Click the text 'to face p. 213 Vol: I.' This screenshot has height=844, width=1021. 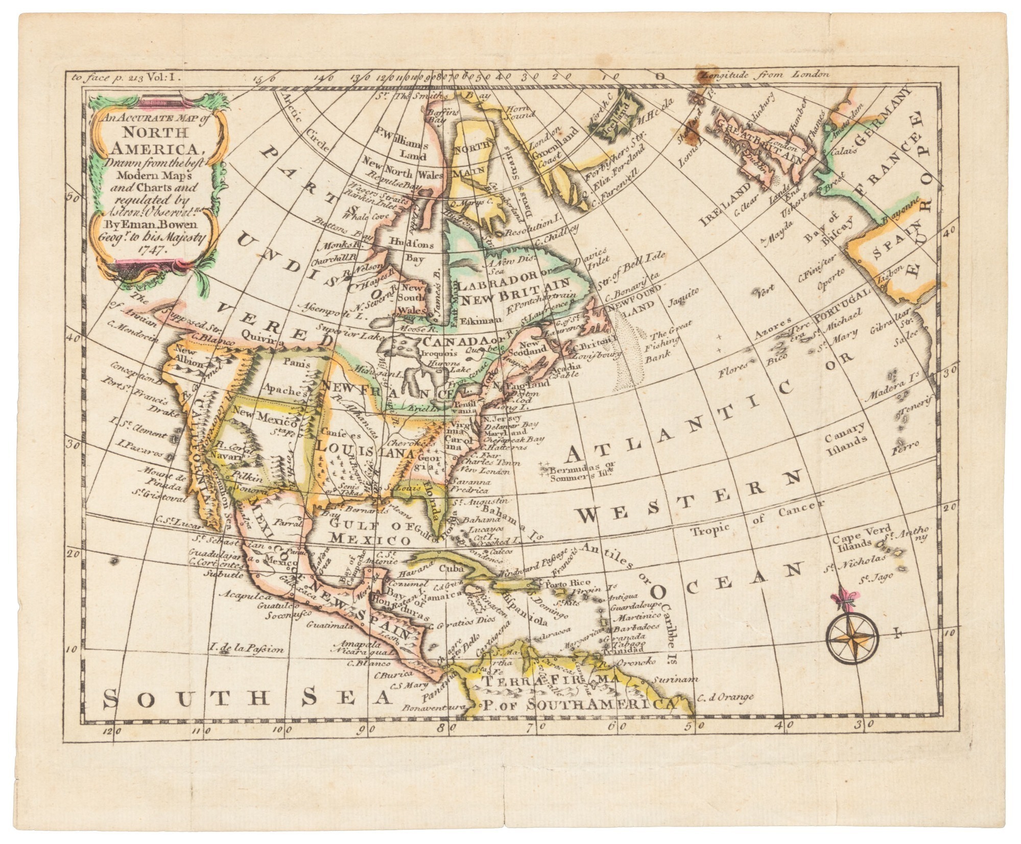[123, 78]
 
